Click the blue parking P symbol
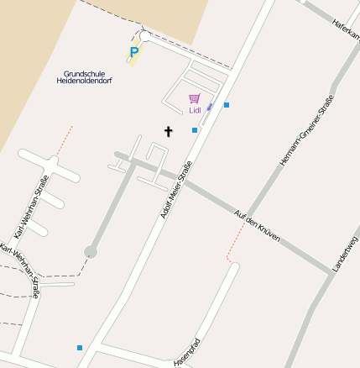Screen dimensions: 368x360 [x=133, y=53]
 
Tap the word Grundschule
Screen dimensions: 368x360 [x=84, y=73]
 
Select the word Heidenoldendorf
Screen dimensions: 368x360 [x=84, y=81]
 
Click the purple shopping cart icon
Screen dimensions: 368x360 [x=195, y=98]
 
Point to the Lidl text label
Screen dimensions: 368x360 [x=195, y=110]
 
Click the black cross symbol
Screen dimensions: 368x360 [x=168, y=131]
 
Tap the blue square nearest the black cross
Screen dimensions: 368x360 [x=195, y=130]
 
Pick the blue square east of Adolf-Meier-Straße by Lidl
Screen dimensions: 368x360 [x=227, y=105]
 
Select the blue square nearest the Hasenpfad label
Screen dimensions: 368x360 [x=80, y=347]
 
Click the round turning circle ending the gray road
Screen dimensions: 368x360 [x=91, y=251]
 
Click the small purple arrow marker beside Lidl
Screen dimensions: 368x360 [x=210, y=107]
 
